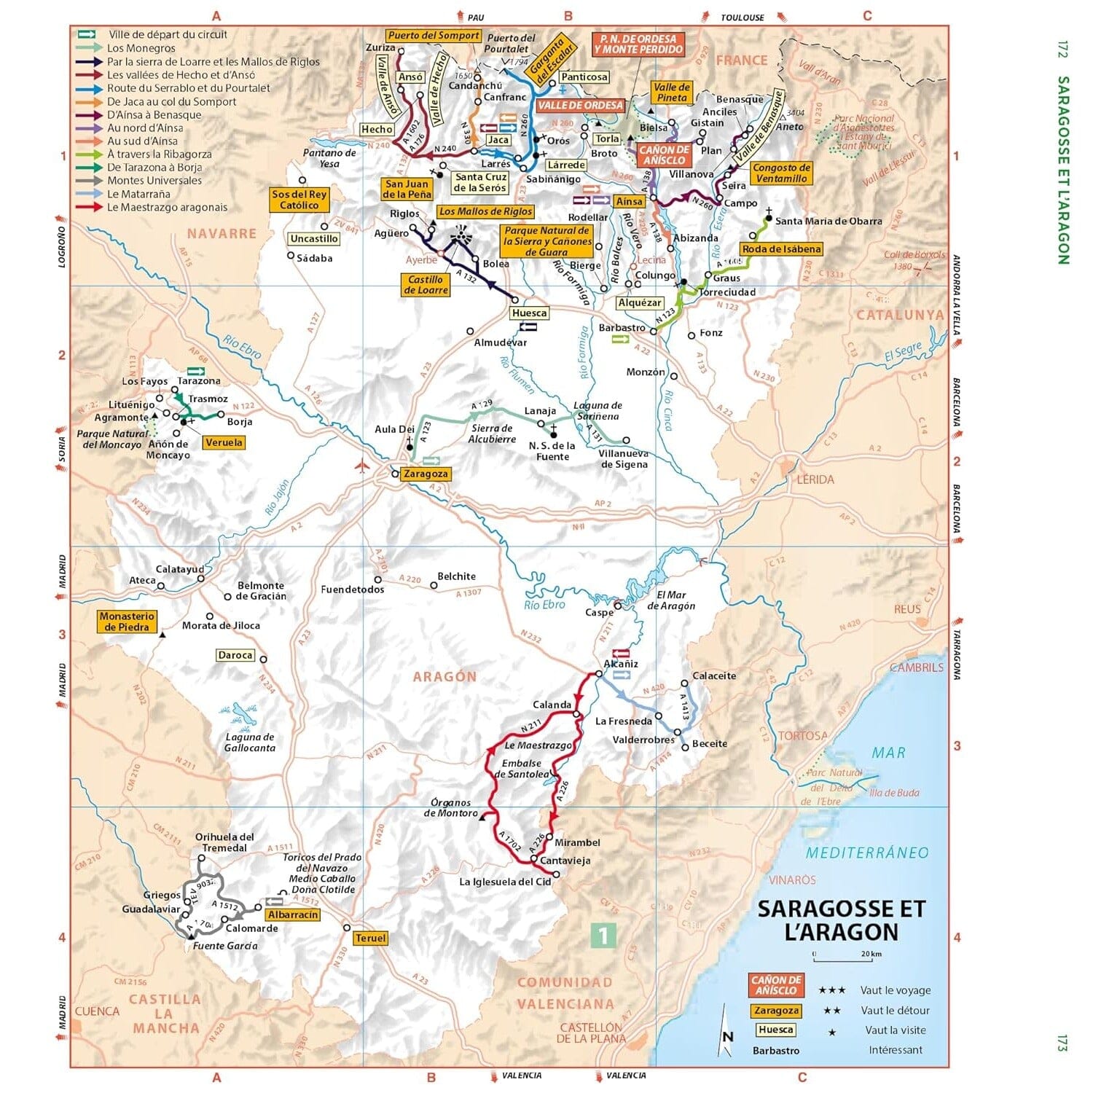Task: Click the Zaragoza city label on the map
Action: [426, 474]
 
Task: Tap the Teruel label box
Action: [370, 939]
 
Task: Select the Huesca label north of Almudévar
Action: [529, 313]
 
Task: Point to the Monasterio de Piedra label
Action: [127, 622]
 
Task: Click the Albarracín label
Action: [293, 914]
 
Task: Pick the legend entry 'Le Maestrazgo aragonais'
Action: [167, 208]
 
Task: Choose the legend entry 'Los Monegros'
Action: [141, 48]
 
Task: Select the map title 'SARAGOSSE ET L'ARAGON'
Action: [841, 920]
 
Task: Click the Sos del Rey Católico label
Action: [299, 200]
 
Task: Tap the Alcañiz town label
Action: [621, 664]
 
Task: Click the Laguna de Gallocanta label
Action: [249, 743]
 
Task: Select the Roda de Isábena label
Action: [781, 249]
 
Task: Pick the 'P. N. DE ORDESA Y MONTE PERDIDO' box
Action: [638, 44]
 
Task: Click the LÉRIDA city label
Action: [815, 479]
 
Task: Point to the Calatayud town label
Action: [180, 569]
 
